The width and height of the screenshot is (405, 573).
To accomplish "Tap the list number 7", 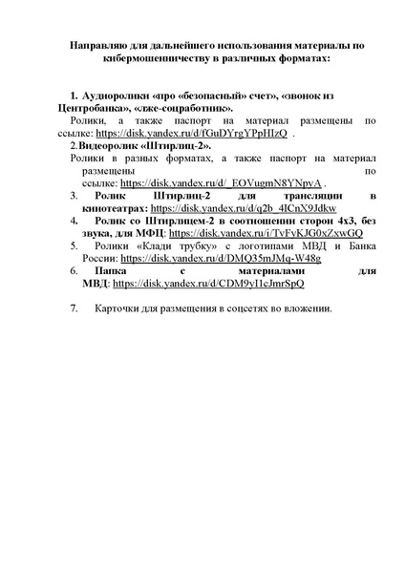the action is click(75, 309).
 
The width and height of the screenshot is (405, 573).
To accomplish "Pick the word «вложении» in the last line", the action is click(305, 309).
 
